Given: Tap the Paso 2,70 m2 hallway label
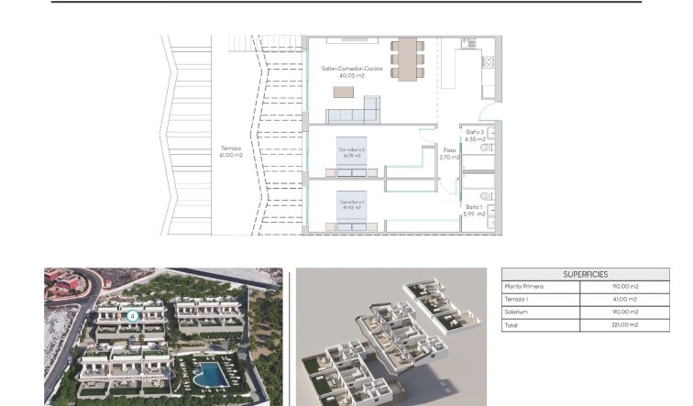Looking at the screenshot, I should click(449, 154).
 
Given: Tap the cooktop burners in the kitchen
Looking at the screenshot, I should click(488, 63).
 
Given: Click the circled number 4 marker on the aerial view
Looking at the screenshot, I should click(132, 315).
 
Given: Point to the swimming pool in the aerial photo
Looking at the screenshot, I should click(210, 374).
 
